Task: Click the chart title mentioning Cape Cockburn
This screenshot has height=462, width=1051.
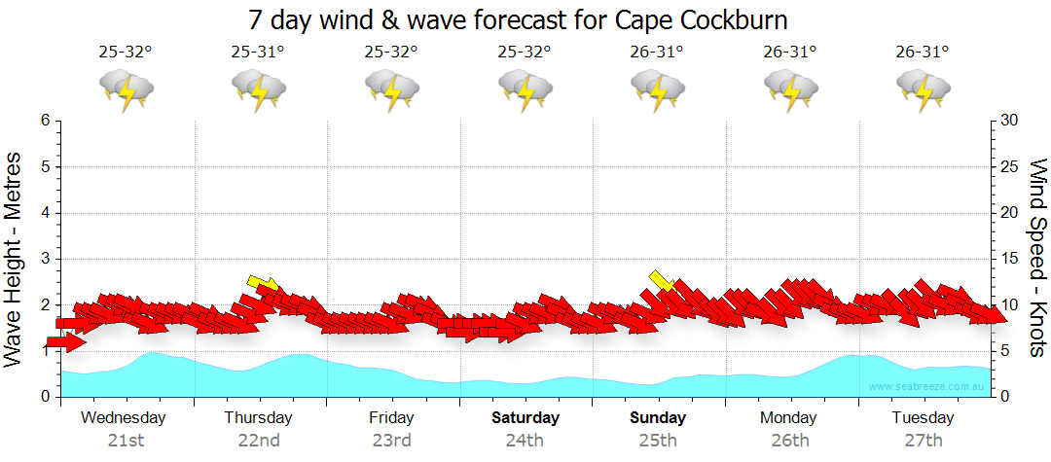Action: pyautogui.click(x=518, y=19)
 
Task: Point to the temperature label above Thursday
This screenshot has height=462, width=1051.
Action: pyautogui.click(x=258, y=53)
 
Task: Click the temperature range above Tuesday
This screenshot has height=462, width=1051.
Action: pyautogui.click(x=923, y=53)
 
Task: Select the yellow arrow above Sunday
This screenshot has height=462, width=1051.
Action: pyautogui.click(x=662, y=280)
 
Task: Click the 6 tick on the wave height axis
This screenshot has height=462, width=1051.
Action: pyautogui.click(x=45, y=121)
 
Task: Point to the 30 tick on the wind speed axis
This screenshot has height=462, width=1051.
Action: pyautogui.click(x=1009, y=121)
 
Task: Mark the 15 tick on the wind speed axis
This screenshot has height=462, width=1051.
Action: pyautogui.click(x=1009, y=259)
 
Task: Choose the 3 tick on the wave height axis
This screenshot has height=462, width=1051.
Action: pyautogui.click(x=45, y=259)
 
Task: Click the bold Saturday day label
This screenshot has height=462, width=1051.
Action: pyautogui.click(x=525, y=418)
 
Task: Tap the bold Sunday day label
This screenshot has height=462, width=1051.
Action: pyautogui.click(x=658, y=418)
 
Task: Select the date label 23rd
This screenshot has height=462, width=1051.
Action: pyautogui.click(x=391, y=441)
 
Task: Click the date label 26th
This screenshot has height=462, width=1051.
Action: pyautogui.click(x=790, y=441)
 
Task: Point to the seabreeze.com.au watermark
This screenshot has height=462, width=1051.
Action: pyautogui.click(x=928, y=387)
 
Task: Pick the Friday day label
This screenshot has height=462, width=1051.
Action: pyautogui.click(x=391, y=418)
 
